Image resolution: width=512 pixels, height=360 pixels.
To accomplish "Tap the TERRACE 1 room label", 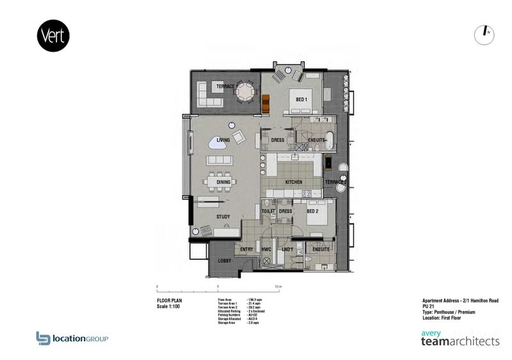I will pyautogui.click(x=227, y=86).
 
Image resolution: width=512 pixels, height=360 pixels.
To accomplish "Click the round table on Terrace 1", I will pyautogui.click(x=244, y=94).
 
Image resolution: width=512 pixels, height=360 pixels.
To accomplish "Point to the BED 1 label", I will pyautogui.click(x=300, y=100).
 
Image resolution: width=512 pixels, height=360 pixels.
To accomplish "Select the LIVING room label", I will pyautogui.click(x=223, y=140).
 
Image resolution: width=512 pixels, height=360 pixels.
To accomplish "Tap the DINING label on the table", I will pyautogui.click(x=223, y=183).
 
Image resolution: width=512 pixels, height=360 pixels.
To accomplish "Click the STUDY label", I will pyautogui.click(x=223, y=217).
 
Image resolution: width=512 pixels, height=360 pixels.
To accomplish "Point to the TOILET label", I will pyautogui.click(x=268, y=210).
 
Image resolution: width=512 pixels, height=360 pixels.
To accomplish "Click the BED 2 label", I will pyautogui.click(x=312, y=210).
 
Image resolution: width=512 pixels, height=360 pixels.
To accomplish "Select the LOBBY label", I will pyautogui.click(x=224, y=261).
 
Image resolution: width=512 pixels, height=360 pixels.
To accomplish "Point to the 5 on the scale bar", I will pyautogui.click(x=218, y=286).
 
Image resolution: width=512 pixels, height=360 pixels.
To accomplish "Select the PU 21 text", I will pyautogui.click(x=428, y=306).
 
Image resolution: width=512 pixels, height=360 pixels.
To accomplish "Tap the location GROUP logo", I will pyautogui.click(x=72, y=338).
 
